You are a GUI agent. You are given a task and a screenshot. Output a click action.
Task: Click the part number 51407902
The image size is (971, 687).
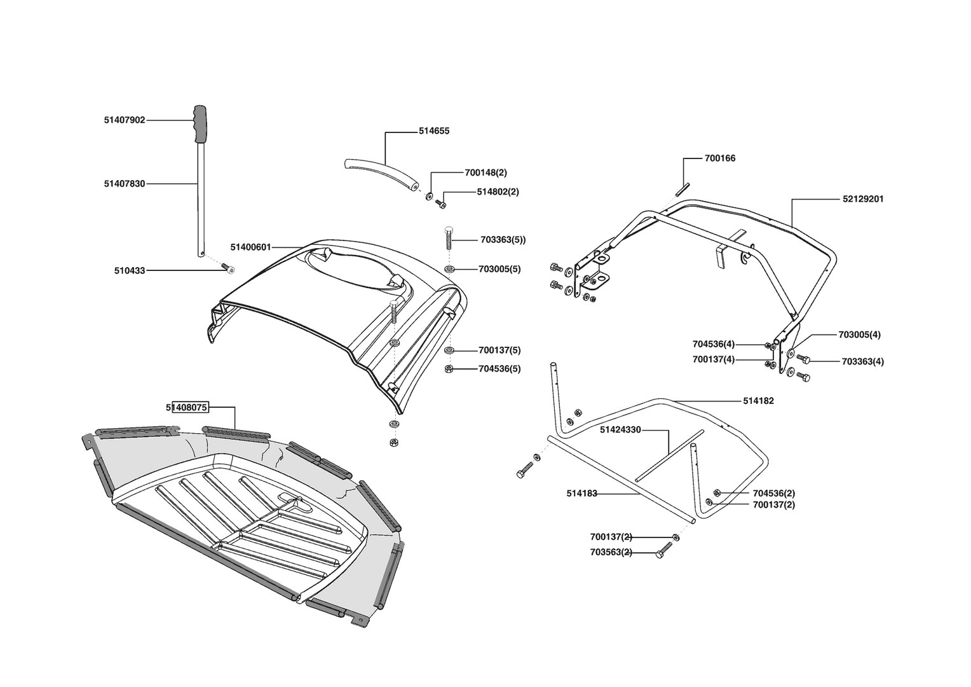(x=125, y=120)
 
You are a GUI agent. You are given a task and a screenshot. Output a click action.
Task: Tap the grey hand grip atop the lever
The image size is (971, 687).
(x=201, y=124)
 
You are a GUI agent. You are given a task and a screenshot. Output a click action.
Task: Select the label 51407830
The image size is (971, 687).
(x=125, y=184)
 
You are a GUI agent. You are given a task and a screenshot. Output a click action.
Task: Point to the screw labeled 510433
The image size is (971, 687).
(x=230, y=270)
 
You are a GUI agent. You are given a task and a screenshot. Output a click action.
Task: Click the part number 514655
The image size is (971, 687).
(x=434, y=131)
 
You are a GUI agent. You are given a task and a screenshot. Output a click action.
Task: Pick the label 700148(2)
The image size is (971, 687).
(x=486, y=172)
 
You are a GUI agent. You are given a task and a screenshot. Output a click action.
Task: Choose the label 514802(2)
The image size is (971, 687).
(x=498, y=191)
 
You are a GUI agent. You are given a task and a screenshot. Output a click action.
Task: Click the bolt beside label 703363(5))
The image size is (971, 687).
(x=449, y=239)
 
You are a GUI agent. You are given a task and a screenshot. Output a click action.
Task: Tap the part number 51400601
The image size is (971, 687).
(x=250, y=247)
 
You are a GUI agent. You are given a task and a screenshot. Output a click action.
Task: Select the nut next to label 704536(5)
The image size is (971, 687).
(x=449, y=369)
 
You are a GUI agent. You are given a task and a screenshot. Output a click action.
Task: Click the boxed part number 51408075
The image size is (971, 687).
(x=187, y=408)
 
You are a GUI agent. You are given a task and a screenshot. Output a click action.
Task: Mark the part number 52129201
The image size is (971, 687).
(x=863, y=199)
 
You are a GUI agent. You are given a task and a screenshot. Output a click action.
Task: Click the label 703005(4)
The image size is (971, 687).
(x=859, y=335)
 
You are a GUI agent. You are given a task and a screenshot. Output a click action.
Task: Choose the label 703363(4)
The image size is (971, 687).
(x=863, y=361)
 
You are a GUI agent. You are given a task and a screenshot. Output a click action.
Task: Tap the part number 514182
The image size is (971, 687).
(x=758, y=401)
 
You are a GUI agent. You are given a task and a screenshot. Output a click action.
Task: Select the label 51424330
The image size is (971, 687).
(x=620, y=430)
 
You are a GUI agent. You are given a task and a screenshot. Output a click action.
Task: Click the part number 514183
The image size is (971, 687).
(x=581, y=493)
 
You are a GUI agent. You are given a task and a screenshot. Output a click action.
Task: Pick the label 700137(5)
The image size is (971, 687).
(x=499, y=350)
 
